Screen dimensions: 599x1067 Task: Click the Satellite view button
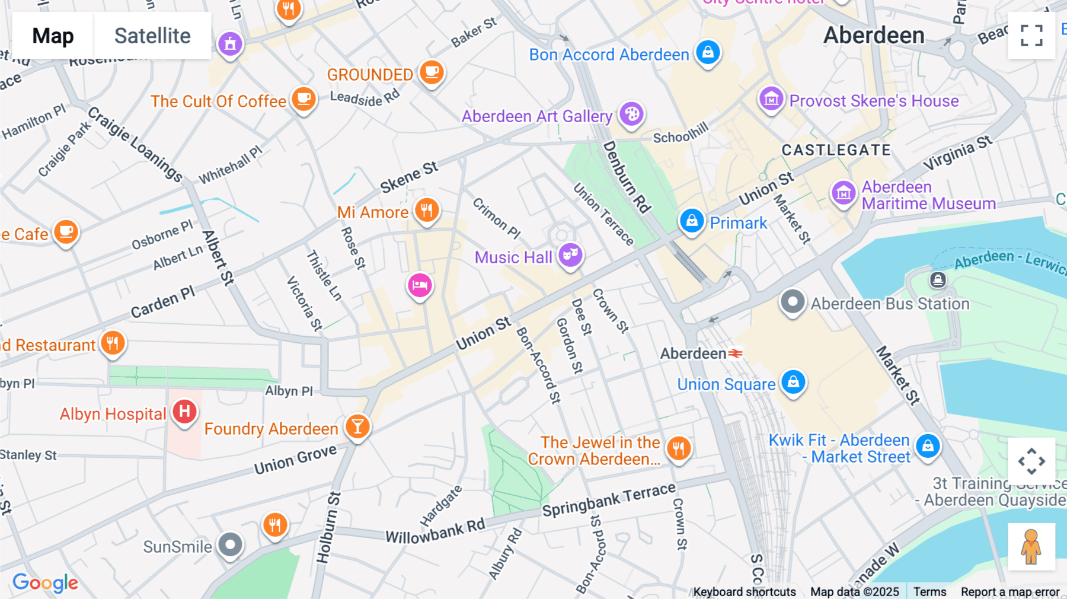pos(152,36)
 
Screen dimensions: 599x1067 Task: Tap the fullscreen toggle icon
pos(1031,36)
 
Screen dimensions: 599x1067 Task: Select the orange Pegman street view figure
pos(1031,547)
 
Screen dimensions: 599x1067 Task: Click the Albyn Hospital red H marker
pos(184,411)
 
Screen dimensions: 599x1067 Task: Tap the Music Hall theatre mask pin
pos(570,255)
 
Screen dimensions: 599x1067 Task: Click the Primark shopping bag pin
pos(691,221)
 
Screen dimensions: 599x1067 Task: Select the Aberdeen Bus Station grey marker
pos(792,302)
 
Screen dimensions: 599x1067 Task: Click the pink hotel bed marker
pos(420,286)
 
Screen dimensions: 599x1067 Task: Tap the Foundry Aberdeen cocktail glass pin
pos(357,426)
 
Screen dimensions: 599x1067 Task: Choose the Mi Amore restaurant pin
pos(426,210)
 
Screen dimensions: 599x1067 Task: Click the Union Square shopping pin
pos(793,382)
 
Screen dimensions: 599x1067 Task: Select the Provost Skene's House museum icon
pos(771,99)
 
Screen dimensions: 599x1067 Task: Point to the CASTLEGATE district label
pos(836,150)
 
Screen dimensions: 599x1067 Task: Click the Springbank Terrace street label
pos(609,500)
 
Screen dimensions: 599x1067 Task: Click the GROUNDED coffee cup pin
pos(432,72)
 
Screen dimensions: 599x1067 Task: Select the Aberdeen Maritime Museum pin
pos(843,193)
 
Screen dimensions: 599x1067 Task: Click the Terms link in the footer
pos(929,591)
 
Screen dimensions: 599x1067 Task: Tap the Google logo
pos(45,582)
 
